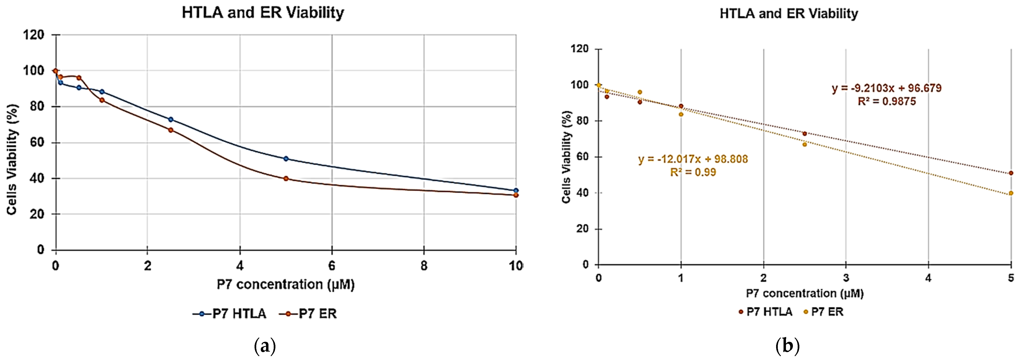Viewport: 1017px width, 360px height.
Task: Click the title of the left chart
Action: pyautogui.click(x=263, y=13)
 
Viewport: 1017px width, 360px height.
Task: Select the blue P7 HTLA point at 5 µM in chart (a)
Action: pyautogui.click(x=286, y=159)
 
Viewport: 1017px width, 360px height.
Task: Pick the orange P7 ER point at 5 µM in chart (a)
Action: pyautogui.click(x=286, y=178)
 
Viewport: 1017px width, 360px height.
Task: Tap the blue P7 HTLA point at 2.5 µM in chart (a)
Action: pyautogui.click(x=171, y=119)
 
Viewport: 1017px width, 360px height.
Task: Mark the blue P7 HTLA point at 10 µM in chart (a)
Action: pyautogui.click(x=516, y=191)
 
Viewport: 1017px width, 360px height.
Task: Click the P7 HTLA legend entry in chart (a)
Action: pyautogui.click(x=230, y=314)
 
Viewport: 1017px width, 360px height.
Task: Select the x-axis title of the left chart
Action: pyautogui.click(x=285, y=285)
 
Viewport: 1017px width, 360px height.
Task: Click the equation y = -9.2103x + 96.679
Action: pyautogui.click(x=887, y=88)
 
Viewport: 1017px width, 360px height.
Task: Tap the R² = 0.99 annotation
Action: pyautogui.click(x=693, y=172)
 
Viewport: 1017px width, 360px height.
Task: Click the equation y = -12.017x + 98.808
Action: pyautogui.click(x=693, y=159)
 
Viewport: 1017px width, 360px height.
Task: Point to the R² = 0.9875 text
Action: pyautogui.click(x=887, y=101)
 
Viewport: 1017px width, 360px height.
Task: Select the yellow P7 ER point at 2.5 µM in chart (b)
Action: pyautogui.click(x=805, y=145)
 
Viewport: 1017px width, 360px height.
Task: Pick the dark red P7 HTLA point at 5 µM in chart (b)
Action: pyautogui.click(x=1011, y=173)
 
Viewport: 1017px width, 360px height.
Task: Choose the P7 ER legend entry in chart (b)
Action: pyautogui.click(x=824, y=312)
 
